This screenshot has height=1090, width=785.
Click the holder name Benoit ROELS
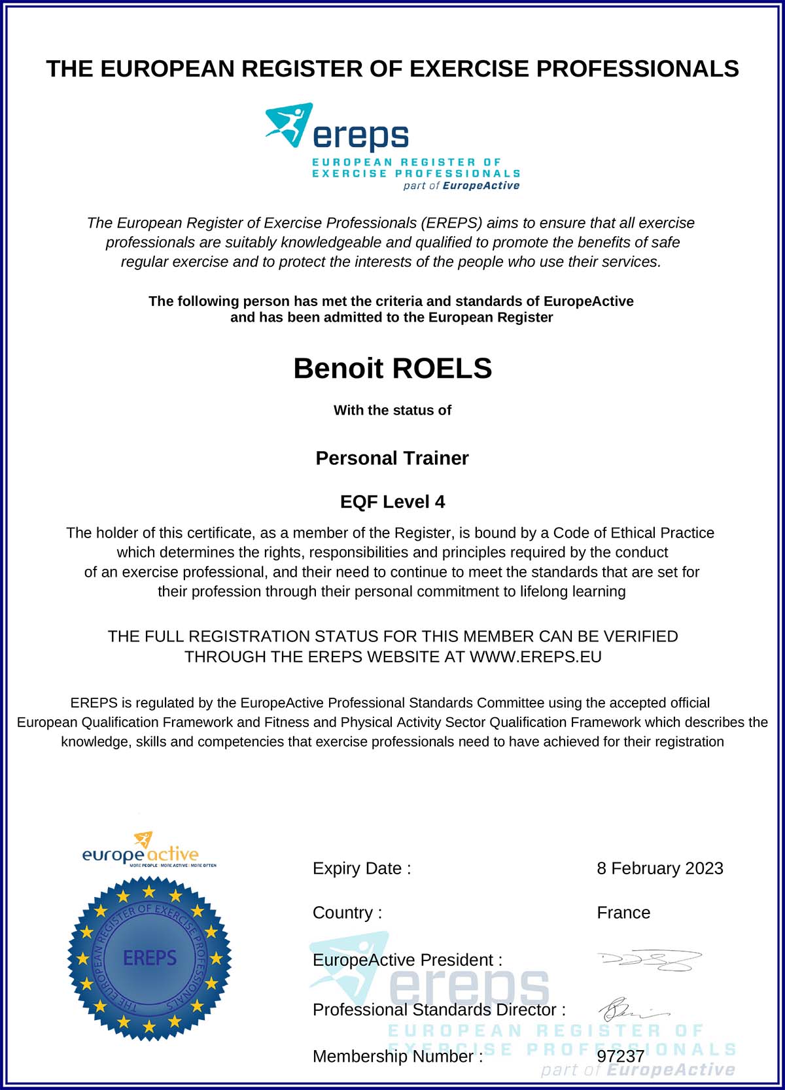392,369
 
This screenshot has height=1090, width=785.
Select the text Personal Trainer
392,458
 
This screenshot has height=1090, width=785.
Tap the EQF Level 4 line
392,502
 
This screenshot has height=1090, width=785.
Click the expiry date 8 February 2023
659,868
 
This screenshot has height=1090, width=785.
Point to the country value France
623,913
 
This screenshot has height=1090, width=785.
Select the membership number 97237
620,1057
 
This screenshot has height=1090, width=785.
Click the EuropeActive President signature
650,961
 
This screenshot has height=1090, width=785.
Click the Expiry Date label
362,868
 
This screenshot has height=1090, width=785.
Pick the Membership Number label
398,1057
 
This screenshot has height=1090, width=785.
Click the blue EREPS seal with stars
149,959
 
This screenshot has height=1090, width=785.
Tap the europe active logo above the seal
141,851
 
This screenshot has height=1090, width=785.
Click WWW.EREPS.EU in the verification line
535,657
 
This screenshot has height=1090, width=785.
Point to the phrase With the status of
392,411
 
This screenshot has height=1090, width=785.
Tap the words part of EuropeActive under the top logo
461,186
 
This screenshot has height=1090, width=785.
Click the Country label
347,913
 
